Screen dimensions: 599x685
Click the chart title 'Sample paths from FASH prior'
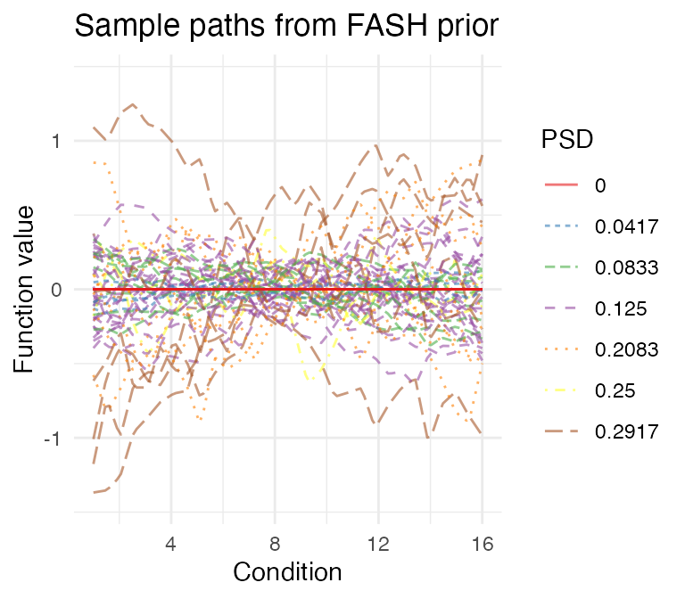pyautogui.click(x=285, y=27)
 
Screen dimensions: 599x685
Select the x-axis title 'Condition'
pyautogui.click(x=287, y=571)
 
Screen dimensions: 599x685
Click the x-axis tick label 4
pyautogui.click(x=169, y=541)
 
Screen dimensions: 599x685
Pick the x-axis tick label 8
pyautogui.click(x=274, y=541)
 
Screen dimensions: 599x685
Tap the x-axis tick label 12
pyautogui.click(x=378, y=541)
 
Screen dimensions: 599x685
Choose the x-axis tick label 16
pyautogui.click(x=483, y=541)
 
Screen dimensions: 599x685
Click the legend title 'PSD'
pyautogui.click(x=566, y=140)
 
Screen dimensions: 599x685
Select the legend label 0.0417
pyautogui.click(x=626, y=226)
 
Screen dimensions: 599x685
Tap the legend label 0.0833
pyautogui.click(x=626, y=267)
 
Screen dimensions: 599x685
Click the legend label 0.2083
pyautogui.click(x=626, y=349)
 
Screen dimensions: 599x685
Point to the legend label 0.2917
pyautogui.click(x=626, y=431)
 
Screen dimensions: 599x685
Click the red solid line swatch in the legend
pyautogui.click(x=561, y=185)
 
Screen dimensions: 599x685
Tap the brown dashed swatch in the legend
pyautogui.click(x=561, y=431)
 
